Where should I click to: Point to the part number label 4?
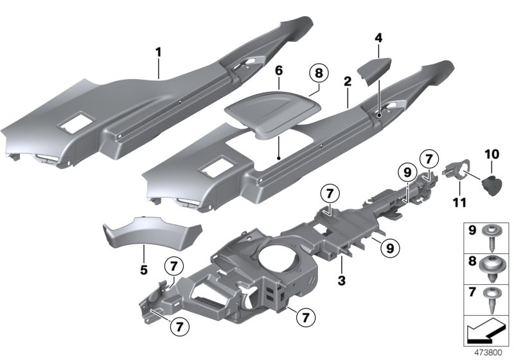(x=378, y=39)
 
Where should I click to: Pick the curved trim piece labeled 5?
(x=152, y=231)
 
